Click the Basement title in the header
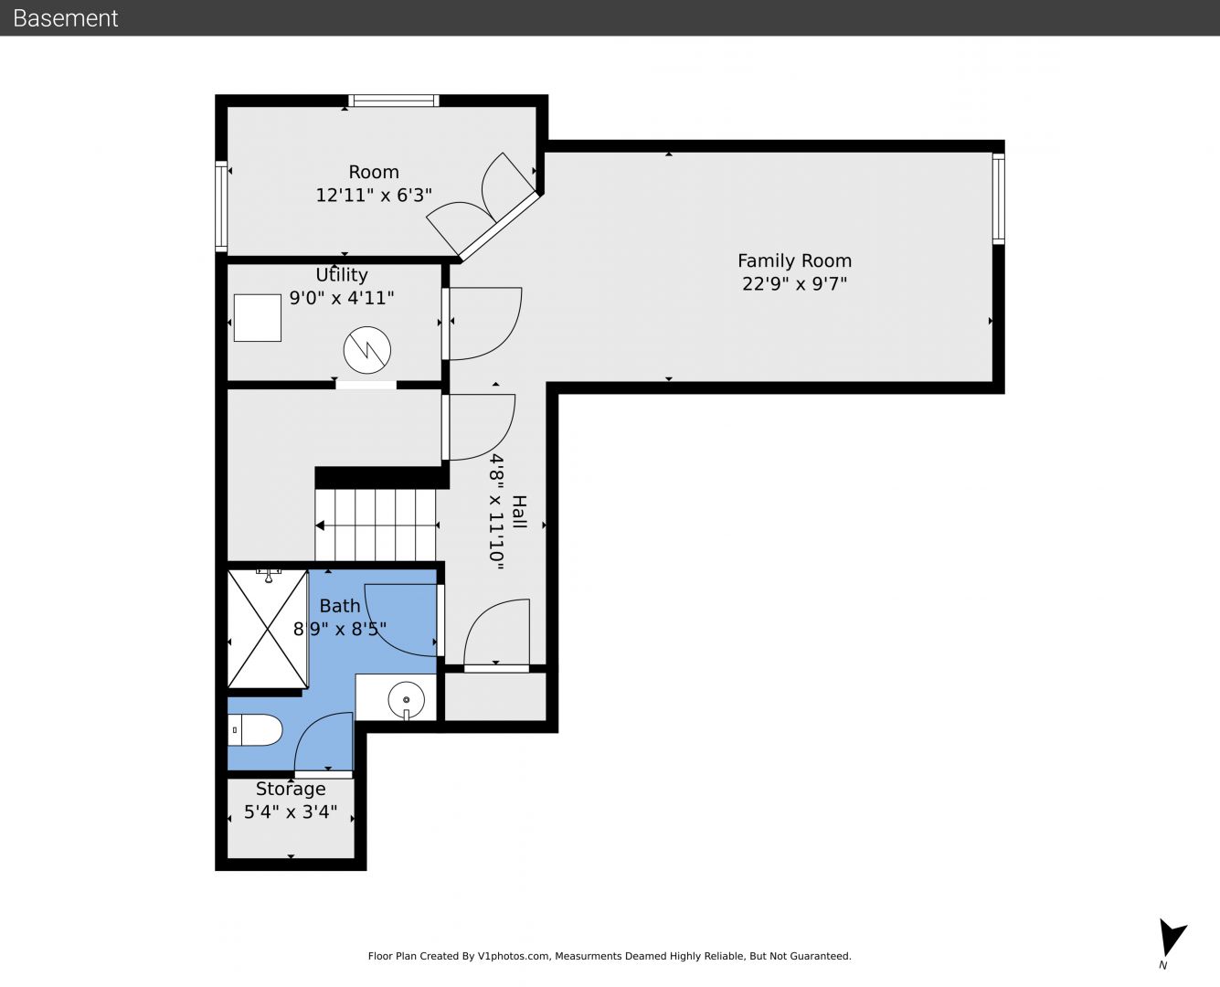click(65, 18)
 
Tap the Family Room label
click(794, 260)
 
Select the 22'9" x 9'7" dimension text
click(794, 283)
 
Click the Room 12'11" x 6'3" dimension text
click(374, 196)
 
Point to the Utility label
click(342, 275)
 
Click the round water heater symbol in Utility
click(367, 350)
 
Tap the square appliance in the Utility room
click(257, 318)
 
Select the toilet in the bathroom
click(255, 730)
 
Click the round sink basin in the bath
click(406, 699)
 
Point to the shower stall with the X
click(268, 629)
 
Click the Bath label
click(340, 606)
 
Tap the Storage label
click(291, 789)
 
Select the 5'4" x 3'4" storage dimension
click(291, 812)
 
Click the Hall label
click(519, 512)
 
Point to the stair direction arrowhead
click(320, 525)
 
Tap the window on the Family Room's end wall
click(998, 199)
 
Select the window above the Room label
click(394, 101)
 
